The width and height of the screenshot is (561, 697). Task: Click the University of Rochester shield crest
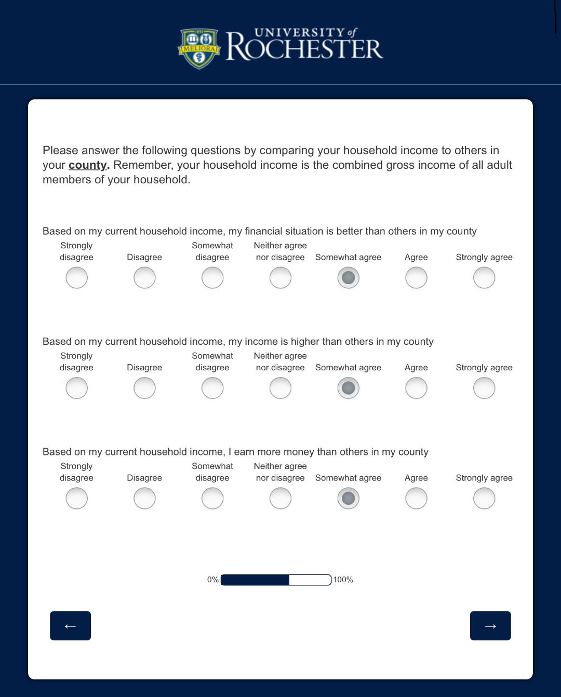click(x=198, y=48)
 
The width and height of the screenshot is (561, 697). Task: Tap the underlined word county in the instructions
click(x=87, y=165)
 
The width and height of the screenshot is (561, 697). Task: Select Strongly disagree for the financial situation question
click(x=76, y=278)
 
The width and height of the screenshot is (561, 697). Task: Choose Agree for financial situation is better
click(x=416, y=278)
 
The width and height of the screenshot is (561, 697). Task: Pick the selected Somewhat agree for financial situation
click(x=348, y=278)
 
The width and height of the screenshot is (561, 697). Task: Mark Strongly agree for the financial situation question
click(x=484, y=278)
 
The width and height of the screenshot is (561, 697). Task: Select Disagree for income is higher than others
click(x=144, y=388)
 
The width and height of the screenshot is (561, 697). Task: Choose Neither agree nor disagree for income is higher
click(x=280, y=388)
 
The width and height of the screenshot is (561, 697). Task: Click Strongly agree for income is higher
click(x=484, y=388)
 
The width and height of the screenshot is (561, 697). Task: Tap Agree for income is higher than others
click(x=416, y=388)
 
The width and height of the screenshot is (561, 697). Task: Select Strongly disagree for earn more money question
click(x=76, y=499)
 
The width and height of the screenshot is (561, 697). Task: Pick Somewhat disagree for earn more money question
click(x=212, y=499)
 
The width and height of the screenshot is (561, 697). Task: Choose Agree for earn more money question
click(x=416, y=499)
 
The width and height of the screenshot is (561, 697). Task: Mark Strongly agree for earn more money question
click(x=484, y=499)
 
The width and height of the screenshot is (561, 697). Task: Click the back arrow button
click(x=70, y=626)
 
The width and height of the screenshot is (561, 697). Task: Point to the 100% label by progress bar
click(x=343, y=580)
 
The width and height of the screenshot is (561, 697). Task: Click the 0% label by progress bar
click(x=212, y=580)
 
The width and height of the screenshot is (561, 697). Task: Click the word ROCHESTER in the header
click(x=304, y=49)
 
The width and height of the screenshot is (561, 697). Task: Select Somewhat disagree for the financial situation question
click(x=212, y=278)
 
